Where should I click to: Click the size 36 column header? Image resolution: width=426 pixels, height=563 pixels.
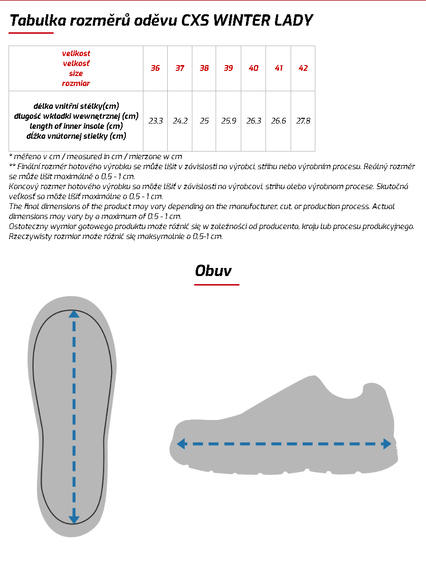pyautogui.click(x=155, y=68)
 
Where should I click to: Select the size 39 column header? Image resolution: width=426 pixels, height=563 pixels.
pyautogui.click(x=228, y=68)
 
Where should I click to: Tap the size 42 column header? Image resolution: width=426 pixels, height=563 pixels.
pyautogui.click(x=303, y=68)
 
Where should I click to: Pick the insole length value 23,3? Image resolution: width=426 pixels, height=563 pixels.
pyautogui.click(x=155, y=121)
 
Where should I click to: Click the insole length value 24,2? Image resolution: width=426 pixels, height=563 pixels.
pyautogui.click(x=180, y=121)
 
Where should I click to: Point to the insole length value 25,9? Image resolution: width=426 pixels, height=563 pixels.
pyautogui.click(x=228, y=121)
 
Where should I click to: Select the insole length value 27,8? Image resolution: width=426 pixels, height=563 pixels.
pyautogui.click(x=303, y=121)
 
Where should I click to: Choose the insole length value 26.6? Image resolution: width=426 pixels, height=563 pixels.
pyautogui.click(x=278, y=121)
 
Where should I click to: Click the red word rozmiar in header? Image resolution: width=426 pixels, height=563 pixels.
pyautogui.click(x=76, y=83)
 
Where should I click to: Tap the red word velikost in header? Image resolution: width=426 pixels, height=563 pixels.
pyautogui.click(x=76, y=53)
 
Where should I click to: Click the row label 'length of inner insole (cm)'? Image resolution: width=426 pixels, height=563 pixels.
pyautogui.click(x=76, y=126)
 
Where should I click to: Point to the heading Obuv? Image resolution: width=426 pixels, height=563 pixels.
pyautogui.click(x=213, y=271)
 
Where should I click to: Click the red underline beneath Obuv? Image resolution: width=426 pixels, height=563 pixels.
pyautogui.click(x=217, y=285)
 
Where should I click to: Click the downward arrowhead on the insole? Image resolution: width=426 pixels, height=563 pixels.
pyautogui.click(x=74, y=519)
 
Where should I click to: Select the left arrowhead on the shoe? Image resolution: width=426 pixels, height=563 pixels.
pyautogui.click(x=181, y=444)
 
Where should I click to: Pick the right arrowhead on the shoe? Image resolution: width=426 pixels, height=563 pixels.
pyautogui.click(x=387, y=444)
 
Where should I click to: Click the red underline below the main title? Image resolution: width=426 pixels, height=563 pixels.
pyautogui.click(x=31, y=33)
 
